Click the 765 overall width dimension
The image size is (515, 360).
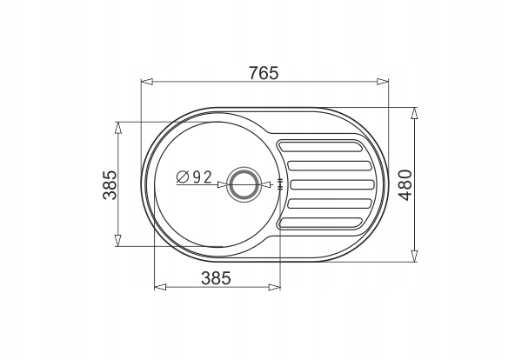(x=264, y=73)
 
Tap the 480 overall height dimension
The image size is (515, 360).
(x=405, y=184)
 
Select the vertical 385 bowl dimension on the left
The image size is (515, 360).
(x=110, y=184)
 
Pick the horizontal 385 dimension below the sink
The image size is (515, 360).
(x=216, y=278)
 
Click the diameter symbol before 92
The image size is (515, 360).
(x=182, y=177)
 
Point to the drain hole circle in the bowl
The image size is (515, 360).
(x=244, y=184)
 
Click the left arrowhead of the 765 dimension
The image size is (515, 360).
(x=147, y=82)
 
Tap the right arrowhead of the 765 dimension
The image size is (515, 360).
(x=382, y=82)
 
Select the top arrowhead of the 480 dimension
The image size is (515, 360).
(x=414, y=114)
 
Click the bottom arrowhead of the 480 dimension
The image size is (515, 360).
(x=414, y=256)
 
